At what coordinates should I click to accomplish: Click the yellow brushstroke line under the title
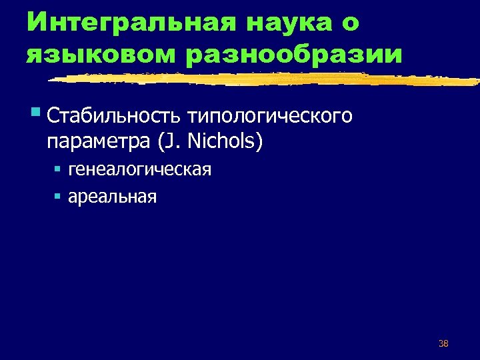[267, 79]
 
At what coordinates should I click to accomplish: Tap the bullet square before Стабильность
[34, 113]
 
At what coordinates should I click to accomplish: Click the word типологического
[269, 117]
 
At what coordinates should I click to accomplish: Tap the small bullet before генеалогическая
[58, 169]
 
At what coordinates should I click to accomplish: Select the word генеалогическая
[140, 170]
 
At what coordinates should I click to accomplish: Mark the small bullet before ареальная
[58, 196]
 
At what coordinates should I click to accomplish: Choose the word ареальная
[113, 197]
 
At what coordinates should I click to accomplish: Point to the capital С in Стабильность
[54, 117]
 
